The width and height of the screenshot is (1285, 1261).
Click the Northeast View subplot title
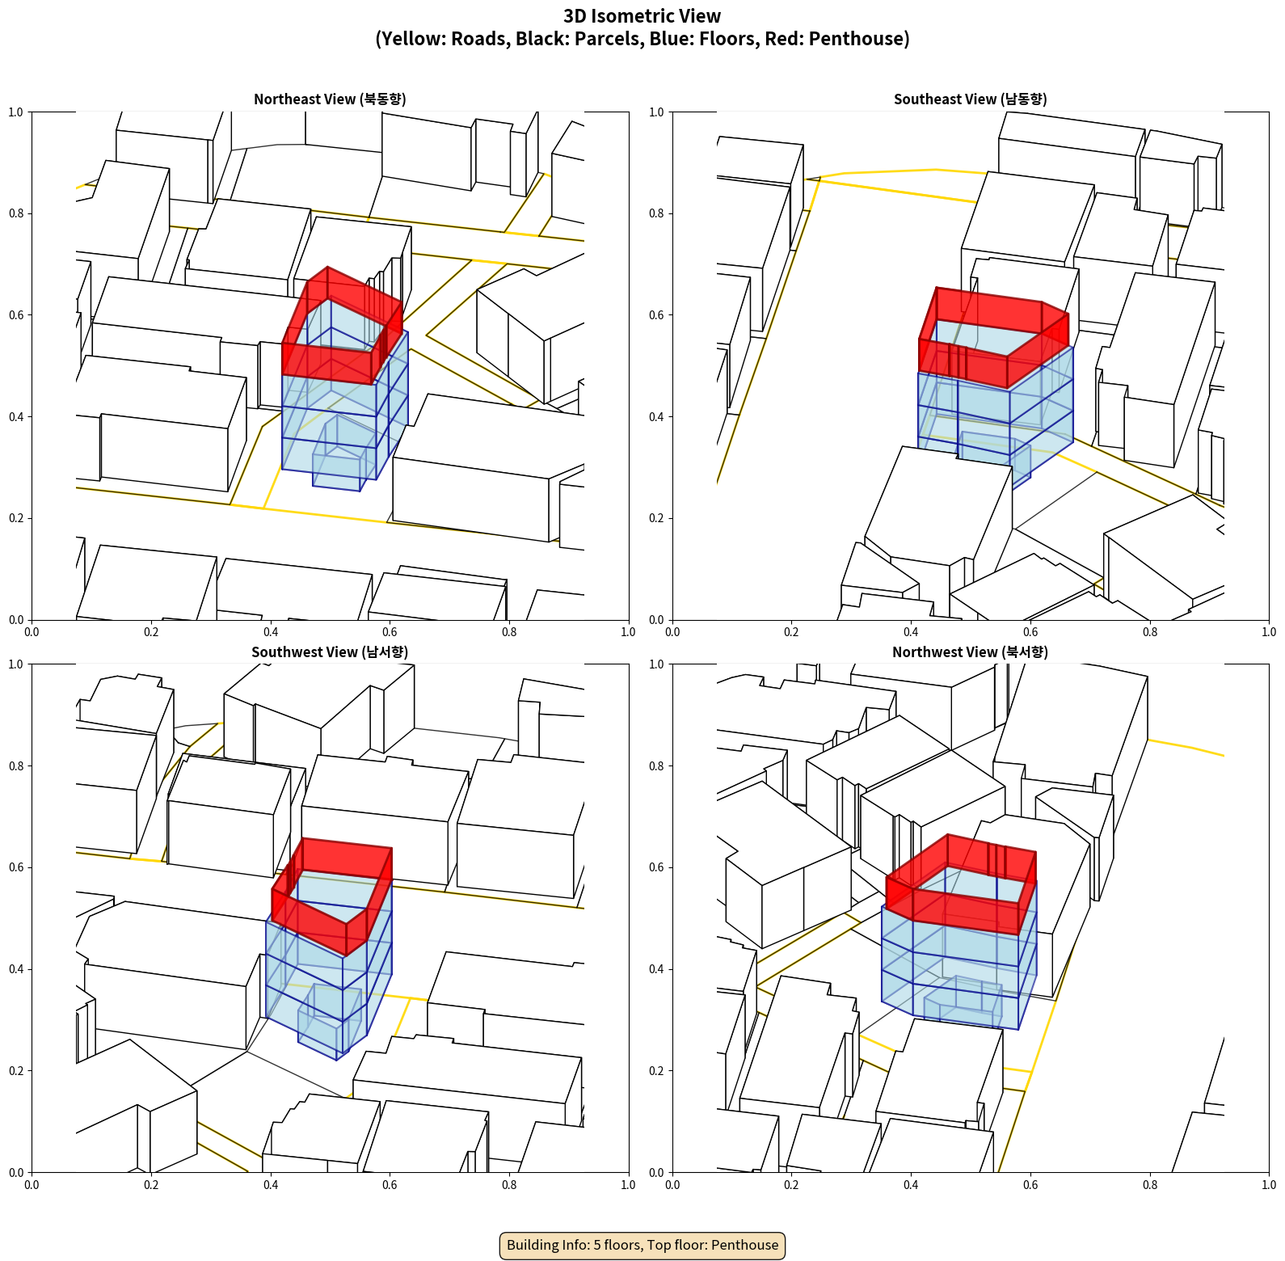pyautogui.click(x=330, y=99)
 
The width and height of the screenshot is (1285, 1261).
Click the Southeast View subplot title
pyautogui.click(x=970, y=99)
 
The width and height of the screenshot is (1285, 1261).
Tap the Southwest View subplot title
pyautogui.click(x=330, y=652)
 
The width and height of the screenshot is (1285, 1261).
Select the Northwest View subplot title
pyautogui.click(x=970, y=652)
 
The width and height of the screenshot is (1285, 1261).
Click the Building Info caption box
pyautogui.click(x=642, y=1245)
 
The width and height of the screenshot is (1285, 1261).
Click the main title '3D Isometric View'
pyautogui.click(x=642, y=16)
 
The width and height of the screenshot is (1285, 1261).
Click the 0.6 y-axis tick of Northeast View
pyautogui.click(x=16, y=315)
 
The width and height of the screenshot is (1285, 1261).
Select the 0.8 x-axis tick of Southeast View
pyautogui.click(x=1150, y=632)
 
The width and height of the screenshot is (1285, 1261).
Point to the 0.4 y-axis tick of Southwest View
pyautogui.click(x=16, y=969)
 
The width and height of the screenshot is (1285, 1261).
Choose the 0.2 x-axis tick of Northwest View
pyautogui.click(x=791, y=1185)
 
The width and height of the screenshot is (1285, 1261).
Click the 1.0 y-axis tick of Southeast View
pyautogui.click(x=656, y=112)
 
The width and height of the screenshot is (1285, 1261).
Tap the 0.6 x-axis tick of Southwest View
pyautogui.click(x=390, y=1185)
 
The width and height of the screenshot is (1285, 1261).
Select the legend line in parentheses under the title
pyautogui.click(x=642, y=39)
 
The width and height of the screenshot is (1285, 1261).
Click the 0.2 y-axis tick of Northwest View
pyautogui.click(x=656, y=1071)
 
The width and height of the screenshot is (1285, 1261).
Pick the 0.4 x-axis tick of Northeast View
pyautogui.click(x=271, y=632)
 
